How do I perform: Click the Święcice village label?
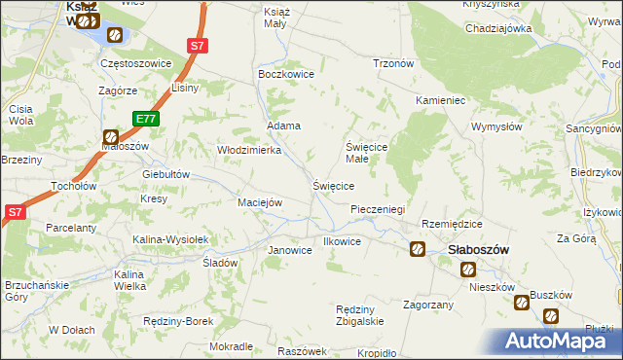pos(332,185)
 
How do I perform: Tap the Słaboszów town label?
pos(479,249)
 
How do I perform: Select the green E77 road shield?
pos(146,119)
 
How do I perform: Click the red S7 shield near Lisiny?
pos(198,45)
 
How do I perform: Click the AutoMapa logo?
pos(560,342)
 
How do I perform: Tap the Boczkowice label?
pos(283,73)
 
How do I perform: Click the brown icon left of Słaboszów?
pos(418,249)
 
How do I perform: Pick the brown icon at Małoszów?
pos(111,138)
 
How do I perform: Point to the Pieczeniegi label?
pos(377,209)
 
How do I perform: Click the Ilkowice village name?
pos(342,241)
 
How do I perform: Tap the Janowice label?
pos(289,250)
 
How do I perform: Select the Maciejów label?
pos(260,202)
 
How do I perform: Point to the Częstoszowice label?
pos(136,63)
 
